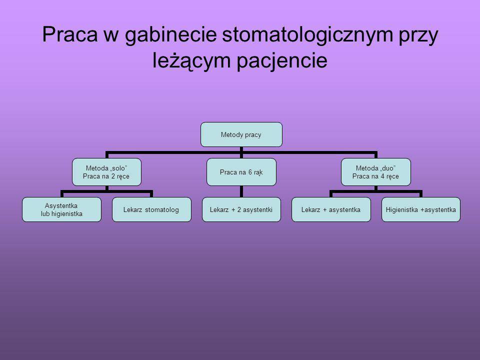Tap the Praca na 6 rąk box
click(241, 171)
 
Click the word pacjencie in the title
click(287, 60)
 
